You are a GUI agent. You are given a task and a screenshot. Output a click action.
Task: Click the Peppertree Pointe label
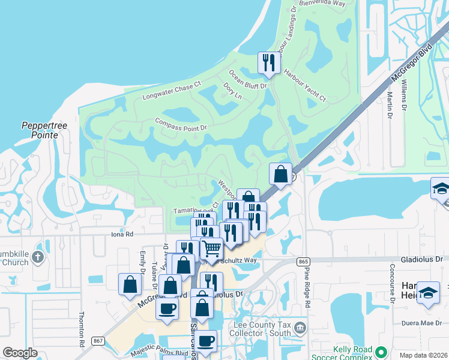click(40, 130)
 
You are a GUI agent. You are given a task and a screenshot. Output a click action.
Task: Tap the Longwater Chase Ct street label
click(171, 92)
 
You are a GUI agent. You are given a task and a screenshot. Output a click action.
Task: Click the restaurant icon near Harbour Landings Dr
click(268, 62)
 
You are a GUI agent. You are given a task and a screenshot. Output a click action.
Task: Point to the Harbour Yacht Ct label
click(304, 85)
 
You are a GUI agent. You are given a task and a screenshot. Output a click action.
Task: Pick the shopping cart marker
click(211, 248)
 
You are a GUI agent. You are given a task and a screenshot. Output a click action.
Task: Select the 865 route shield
click(304, 261)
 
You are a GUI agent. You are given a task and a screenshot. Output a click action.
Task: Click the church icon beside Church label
click(38, 257)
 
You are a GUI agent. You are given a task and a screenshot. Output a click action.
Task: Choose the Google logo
click(20, 353)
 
